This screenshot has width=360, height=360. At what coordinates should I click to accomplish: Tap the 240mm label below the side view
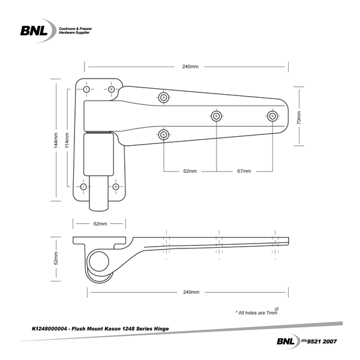(x=190, y=292)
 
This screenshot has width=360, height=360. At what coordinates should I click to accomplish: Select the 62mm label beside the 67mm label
(x=190, y=171)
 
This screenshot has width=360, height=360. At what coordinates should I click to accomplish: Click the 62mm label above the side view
(x=100, y=224)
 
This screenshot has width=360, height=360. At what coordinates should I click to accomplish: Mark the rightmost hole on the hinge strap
(x=272, y=116)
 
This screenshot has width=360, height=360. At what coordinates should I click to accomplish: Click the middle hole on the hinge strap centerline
(x=216, y=116)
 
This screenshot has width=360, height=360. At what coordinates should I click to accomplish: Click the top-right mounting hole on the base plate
(x=112, y=89)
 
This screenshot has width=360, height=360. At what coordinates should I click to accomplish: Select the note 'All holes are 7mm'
(x=258, y=313)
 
